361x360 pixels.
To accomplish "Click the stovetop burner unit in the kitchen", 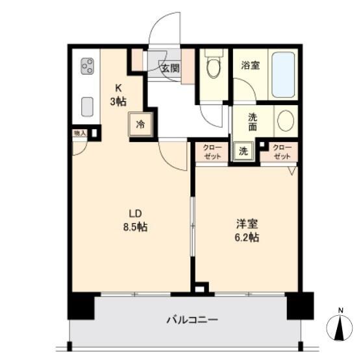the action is [88, 66].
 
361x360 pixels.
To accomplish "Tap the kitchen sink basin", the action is [87, 107].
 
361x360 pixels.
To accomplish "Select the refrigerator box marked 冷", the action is [141, 125].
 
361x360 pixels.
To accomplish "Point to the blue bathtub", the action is [283, 75].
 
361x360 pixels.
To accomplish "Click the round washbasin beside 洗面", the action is [286, 121].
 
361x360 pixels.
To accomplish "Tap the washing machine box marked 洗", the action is [243, 151].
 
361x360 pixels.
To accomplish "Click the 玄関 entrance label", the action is [170, 68].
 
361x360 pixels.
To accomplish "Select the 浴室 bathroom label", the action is [251, 66].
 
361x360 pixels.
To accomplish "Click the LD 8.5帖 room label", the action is [135, 221].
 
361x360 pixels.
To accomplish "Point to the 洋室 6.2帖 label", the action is [247, 231].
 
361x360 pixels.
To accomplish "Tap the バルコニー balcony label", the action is [192, 320].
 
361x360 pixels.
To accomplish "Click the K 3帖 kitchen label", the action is [118, 94].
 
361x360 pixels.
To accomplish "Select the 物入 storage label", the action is [80, 133].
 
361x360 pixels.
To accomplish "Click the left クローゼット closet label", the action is [212, 152].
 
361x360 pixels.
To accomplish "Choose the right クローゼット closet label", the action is [282, 152].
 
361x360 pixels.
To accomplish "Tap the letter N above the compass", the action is [341, 310].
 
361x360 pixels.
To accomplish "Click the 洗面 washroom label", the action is [253, 122].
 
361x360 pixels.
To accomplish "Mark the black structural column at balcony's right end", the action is [300, 306].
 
